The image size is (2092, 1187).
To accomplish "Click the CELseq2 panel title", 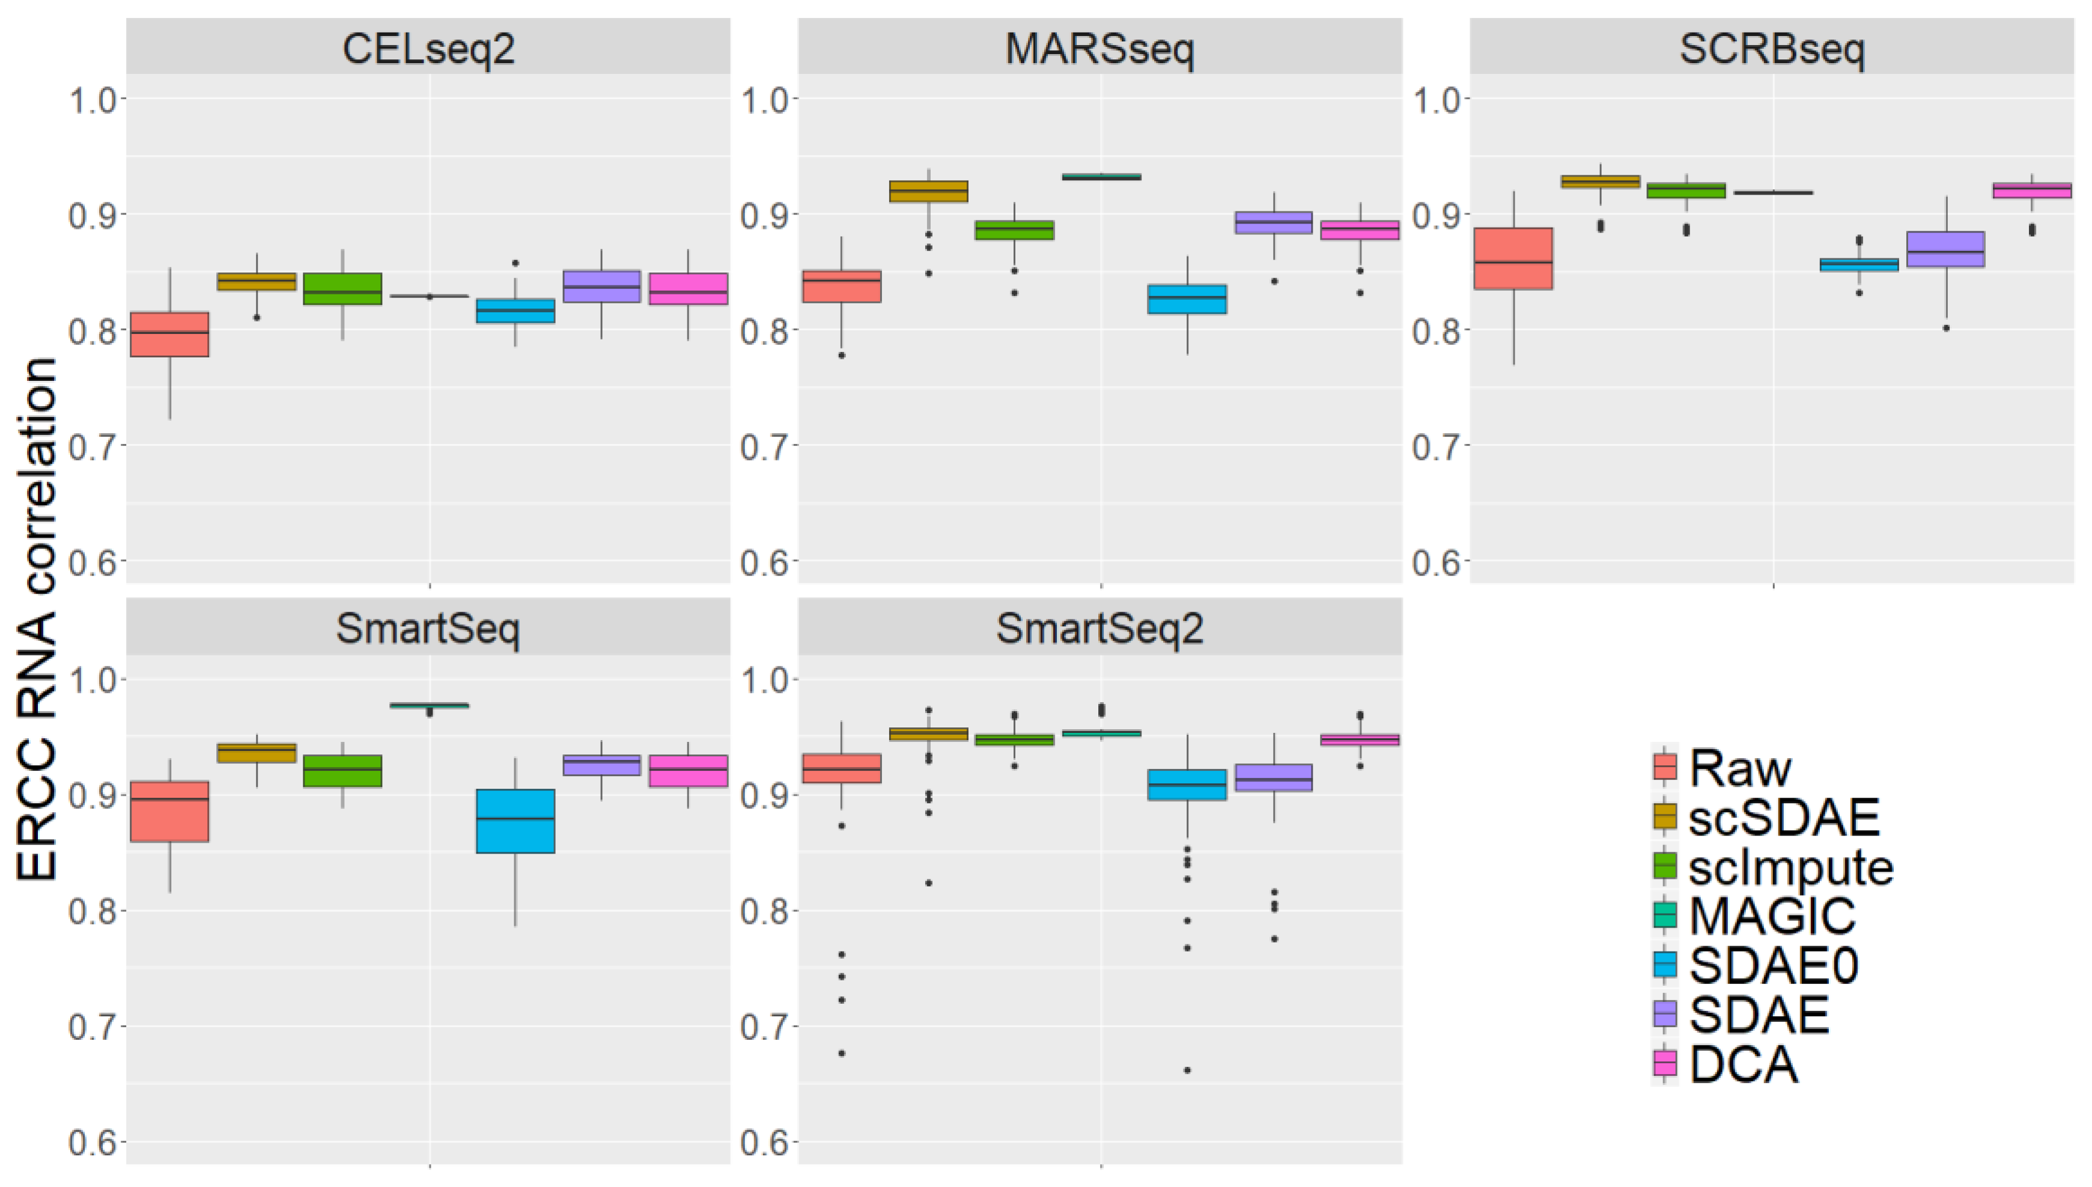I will tap(428, 49).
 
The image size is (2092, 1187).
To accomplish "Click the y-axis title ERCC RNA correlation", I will tap(37, 619).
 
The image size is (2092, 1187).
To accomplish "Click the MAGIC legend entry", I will tap(1771, 915).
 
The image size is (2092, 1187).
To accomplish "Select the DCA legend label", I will tap(1743, 1064).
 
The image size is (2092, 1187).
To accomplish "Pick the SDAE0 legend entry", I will tap(1772, 965).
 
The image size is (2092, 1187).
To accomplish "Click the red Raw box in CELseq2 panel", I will tap(169, 334).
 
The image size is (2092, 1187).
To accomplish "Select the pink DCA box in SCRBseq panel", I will tap(2030, 190).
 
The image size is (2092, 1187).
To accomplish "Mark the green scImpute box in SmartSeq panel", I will tap(342, 770).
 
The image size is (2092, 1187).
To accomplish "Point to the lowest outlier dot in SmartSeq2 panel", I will tap(1187, 1070).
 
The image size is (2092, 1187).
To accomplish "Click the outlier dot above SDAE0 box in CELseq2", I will tap(515, 263).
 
